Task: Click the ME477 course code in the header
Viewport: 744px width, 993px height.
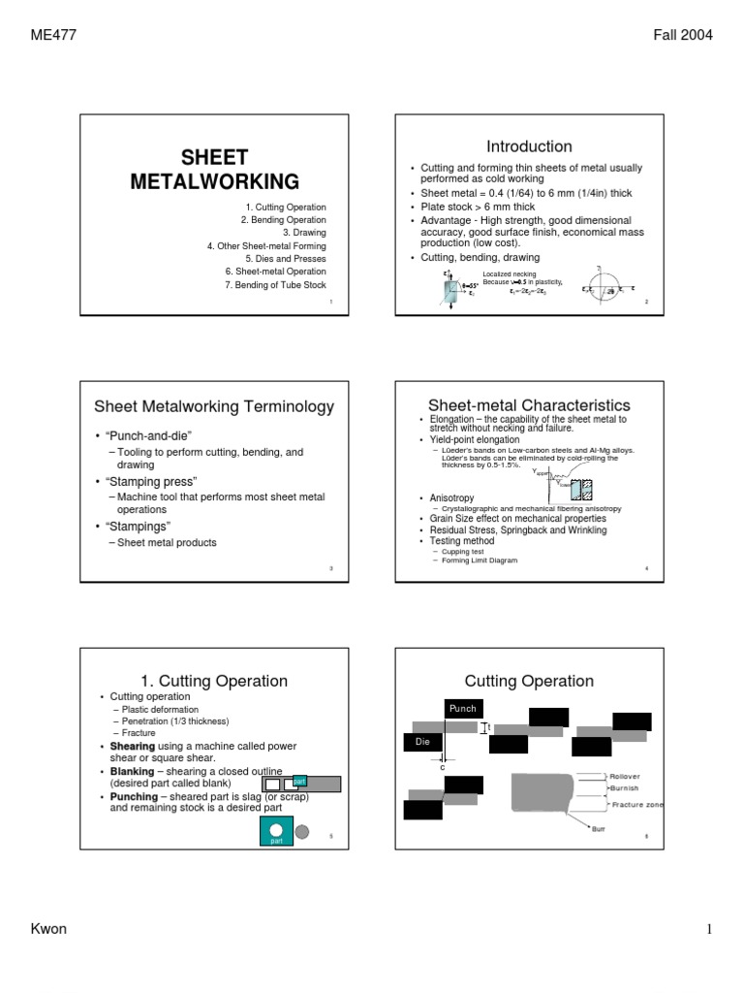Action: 54,36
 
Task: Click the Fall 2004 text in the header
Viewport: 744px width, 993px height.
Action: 683,36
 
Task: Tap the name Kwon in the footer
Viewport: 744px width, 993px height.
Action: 49,929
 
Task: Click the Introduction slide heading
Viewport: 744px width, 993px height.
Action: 529,146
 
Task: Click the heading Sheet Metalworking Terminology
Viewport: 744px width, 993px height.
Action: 213,406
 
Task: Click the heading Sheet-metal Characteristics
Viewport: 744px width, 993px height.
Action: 530,405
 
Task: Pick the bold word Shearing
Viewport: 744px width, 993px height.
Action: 132,747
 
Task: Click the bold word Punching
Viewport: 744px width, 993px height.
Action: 135,795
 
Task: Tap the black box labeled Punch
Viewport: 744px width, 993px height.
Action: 462,709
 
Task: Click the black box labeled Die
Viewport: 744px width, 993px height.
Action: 420,742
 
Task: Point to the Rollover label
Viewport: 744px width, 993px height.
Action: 625,776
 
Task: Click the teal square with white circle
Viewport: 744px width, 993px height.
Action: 276,831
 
